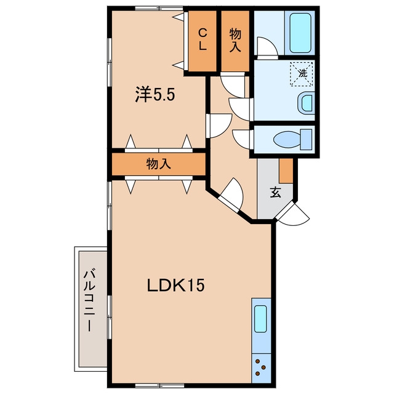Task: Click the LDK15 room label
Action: coord(175,286)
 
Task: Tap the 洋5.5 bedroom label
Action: coord(155,94)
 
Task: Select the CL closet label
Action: coord(203,39)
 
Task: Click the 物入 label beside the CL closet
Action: coord(235,40)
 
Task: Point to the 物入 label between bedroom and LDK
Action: coord(159,164)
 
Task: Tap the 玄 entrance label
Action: coord(275,192)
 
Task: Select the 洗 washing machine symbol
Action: coord(302,74)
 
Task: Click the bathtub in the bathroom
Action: coord(300,33)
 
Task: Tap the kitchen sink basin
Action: coord(260,319)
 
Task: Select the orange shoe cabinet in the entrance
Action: coord(286,171)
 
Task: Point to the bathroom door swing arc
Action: coord(267,47)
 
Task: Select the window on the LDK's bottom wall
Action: coord(159,385)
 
